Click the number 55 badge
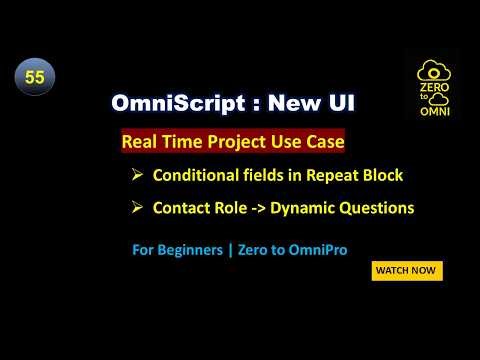pyautogui.click(x=34, y=78)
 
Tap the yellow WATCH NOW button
pyautogui.click(x=407, y=271)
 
